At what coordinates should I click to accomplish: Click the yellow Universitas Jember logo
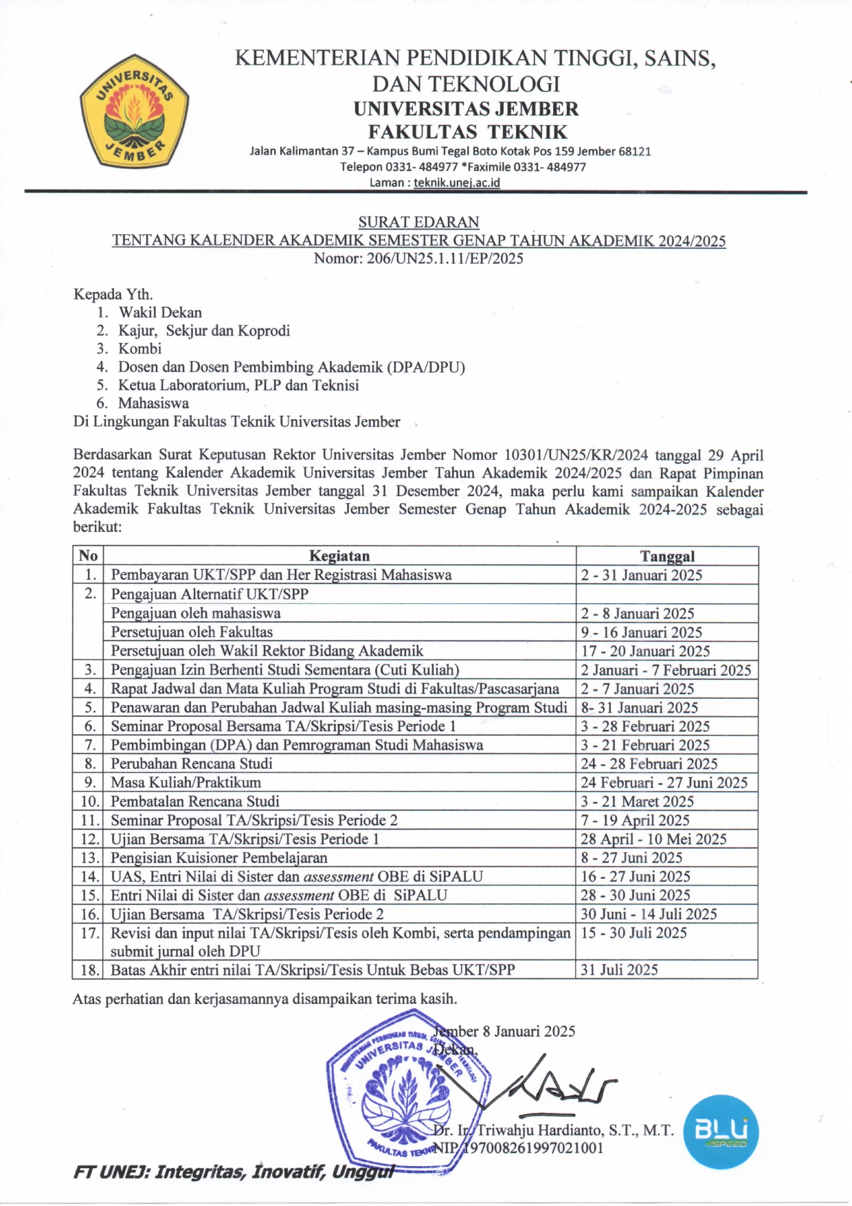click(x=135, y=111)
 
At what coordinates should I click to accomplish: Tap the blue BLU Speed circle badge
click(x=721, y=1132)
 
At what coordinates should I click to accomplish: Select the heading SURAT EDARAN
click(x=418, y=222)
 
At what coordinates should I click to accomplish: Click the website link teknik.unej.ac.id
click(x=456, y=183)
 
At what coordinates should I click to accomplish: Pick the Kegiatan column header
click(x=339, y=556)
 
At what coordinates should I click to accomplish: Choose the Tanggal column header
click(x=667, y=556)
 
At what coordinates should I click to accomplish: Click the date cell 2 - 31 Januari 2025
click(x=642, y=575)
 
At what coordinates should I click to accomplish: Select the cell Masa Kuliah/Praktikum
click(x=186, y=782)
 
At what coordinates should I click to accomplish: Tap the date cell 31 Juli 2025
click(x=619, y=970)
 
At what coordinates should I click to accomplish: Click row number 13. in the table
click(x=90, y=858)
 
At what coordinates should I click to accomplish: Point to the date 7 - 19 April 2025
click(x=635, y=820)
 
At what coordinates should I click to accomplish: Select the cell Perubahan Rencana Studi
click(x=192, y=763)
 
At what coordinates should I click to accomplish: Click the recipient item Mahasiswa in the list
click(x=153, y=403)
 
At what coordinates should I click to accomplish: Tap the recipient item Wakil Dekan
click(x=160, y=313)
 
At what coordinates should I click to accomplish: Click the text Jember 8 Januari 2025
click(x=505, y=1031)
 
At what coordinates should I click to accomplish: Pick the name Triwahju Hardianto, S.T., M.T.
click(x=575, y=1130)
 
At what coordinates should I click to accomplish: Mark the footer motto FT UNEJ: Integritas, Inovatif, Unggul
click(x=234, y=1172)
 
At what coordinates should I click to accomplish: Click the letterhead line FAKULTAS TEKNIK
click(x=467, y=131)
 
